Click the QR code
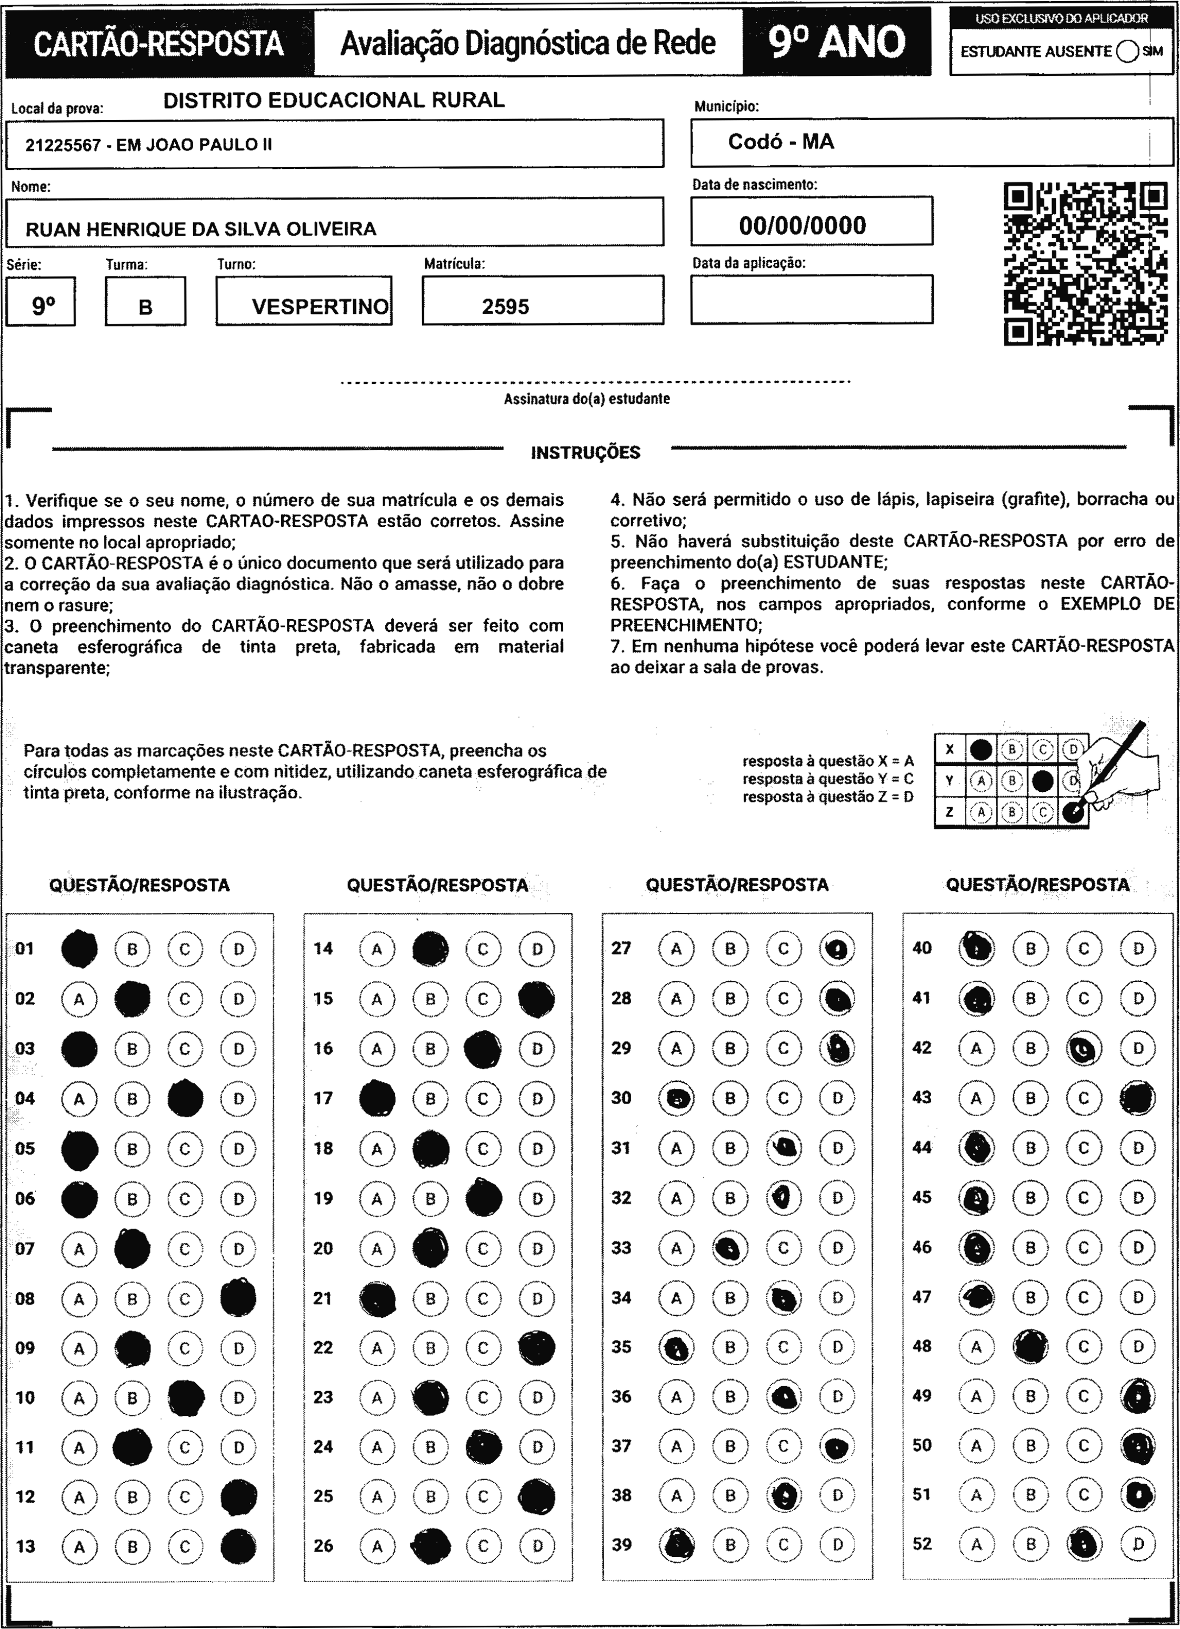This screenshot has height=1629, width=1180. [1085, 264]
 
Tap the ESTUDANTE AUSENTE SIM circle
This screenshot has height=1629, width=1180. [1127, 52]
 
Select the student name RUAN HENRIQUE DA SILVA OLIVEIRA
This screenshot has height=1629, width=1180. [201, 229]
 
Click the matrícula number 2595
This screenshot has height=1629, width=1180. [506, 307]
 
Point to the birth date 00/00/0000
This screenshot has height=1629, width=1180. [802, 225]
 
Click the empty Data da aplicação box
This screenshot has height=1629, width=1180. [812, 300]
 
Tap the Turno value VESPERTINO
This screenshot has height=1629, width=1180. [319, 307]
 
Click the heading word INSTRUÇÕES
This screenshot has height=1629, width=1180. [585, 452]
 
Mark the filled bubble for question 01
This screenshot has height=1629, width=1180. [79, 949]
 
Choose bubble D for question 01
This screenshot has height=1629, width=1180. [238, 949]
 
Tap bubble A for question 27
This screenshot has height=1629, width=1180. [676, 949]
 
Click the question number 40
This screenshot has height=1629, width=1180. [922, 948]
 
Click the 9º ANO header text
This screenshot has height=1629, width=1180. [837, 42]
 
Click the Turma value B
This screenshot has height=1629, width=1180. [145, 307]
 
